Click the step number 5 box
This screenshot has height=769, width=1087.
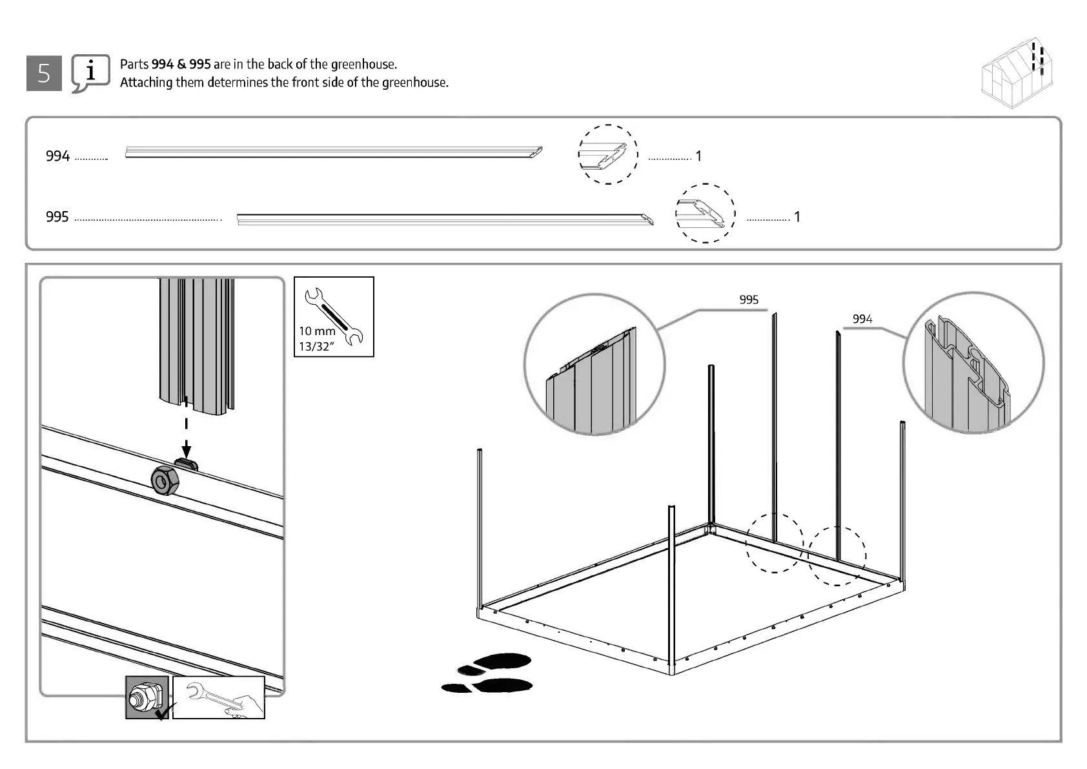click(x=44, y=73)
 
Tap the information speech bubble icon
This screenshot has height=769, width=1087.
click(x=90, y=73)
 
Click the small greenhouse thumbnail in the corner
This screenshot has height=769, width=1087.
click(x=1018, y=74)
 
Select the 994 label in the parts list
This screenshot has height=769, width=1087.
click(x=57, y=156)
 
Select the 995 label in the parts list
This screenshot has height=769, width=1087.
click(x=57, y=217)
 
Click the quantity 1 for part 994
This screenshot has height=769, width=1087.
click(x=698, y=156)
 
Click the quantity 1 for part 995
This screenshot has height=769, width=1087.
click(x=797, y=217)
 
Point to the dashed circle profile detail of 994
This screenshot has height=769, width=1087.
click(x=608, y=155)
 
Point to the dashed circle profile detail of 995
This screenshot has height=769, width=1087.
click(x=705, y=213)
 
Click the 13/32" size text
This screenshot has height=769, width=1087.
click(x=316, y=347)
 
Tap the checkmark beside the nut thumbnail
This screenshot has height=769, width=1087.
click(x=163, y=712)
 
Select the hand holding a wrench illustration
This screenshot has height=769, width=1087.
click(x=219, y=698)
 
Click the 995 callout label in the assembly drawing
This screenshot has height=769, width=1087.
click(x=749, y=300)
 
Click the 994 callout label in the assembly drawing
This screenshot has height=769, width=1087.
click(x=862, y=319)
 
